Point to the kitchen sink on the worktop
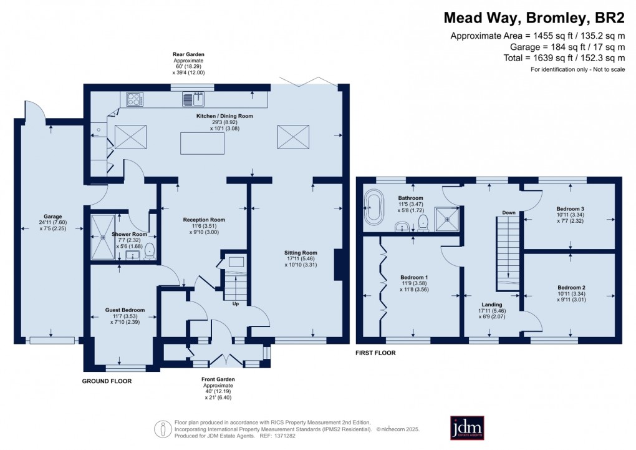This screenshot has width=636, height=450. [193, 99]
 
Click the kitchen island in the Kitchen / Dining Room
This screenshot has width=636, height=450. [202, 143]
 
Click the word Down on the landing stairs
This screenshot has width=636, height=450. [509, 213]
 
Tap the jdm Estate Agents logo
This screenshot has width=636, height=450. [467, 428]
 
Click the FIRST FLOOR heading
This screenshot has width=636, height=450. [376, 353]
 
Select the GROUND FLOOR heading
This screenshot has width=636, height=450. [107, 380]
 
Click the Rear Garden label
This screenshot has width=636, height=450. [188, 55]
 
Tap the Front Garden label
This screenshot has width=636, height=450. [218, 379]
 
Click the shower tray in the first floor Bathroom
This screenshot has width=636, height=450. [446, 217]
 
